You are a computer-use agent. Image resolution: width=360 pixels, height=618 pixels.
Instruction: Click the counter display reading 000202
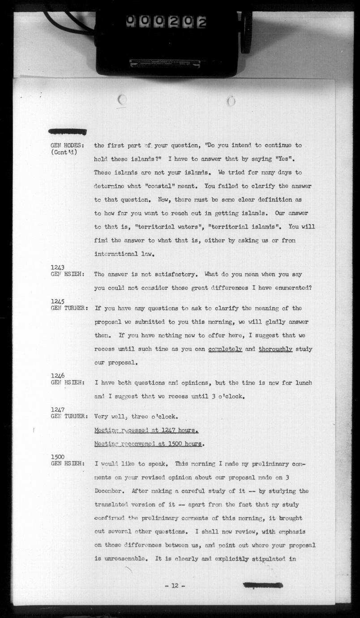tap(166, 21)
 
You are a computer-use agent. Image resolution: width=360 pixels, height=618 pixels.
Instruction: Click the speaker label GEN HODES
tap(69, 146)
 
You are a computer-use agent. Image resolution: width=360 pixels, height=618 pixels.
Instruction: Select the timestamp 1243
tap(58, 267)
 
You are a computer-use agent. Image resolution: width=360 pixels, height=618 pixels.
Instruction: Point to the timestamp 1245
tap(58, 302)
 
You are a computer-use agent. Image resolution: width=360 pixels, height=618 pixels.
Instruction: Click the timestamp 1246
tap(58, 376)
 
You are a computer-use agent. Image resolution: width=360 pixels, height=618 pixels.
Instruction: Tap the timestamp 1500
tap(58, 457)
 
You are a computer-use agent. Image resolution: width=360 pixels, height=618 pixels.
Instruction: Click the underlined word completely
tap(225, 349)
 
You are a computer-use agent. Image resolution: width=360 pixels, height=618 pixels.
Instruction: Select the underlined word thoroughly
tap(275, 349)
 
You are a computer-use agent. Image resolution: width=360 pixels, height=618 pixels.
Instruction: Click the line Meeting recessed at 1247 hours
tap(146, 430)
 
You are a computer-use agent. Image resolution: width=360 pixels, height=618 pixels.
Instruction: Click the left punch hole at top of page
tap(122, 100)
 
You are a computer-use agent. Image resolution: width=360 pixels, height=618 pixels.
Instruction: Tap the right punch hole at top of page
tap(231, 101)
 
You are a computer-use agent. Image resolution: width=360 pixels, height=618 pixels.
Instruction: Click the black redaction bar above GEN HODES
tap(68, 131)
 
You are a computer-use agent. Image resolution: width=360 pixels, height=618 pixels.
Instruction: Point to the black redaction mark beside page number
tap(263, 585)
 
